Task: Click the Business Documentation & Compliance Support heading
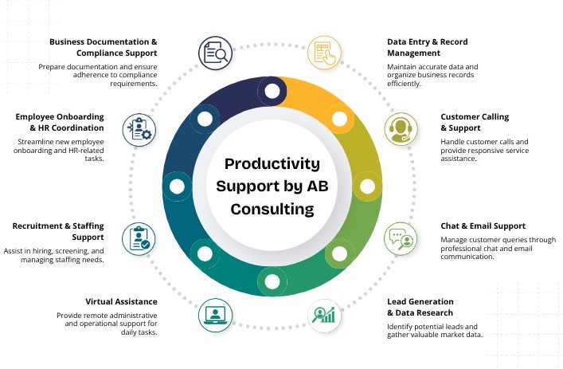coord(103,47)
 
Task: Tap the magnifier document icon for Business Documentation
coord(214,52)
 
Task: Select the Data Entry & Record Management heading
coord(427,47)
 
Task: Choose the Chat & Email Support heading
coord(483,226)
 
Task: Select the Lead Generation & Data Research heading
coord(420,307)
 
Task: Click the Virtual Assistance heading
coord(121,301)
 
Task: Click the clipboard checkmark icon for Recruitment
coord(139,237)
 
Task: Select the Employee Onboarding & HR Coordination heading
coord(59,122)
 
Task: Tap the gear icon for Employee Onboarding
coord(139,128)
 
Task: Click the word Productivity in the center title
coord(272,164)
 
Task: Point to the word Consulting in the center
coord(272,209)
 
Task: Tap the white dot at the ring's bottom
coord(272,281)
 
